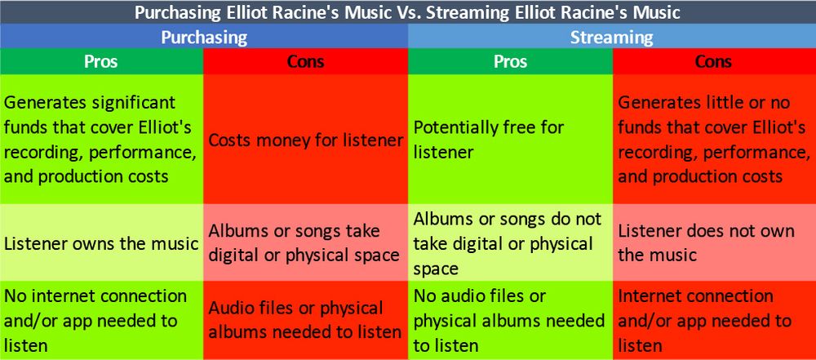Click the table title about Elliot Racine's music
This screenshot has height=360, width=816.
[x=407, y=12]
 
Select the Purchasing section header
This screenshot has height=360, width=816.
[x=204, y=37]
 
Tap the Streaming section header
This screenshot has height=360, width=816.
[x=612, y=37]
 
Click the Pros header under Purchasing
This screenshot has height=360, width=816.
[x=101, y=61]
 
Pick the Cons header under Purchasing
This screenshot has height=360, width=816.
[x=305, y=61]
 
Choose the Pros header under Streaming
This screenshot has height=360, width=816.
[x=511, y=61]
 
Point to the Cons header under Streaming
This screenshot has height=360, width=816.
[x=715, y=61]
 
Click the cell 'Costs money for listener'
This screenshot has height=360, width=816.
[x=305, y=139]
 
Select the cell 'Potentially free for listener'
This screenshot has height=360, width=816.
[x=511, y=139]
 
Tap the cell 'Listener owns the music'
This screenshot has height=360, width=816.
[x=101, y=242]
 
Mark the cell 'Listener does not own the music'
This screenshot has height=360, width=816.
[x=715, y=242]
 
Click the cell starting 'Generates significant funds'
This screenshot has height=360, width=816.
[x=101, y=139]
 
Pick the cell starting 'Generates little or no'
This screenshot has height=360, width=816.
[x=715, y=139]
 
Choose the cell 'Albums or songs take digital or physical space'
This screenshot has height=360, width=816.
[x=305, y=242]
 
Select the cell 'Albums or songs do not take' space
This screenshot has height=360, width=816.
[x=511, y=242]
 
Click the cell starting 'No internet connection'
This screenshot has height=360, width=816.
[x=101, y=320]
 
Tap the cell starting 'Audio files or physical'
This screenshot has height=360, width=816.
[x=305, y=320]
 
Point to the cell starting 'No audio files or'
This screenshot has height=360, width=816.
[x=511, y=320]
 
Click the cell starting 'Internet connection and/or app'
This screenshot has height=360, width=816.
[x=715, y=320]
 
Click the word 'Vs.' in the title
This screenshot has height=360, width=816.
[x=410, y=12]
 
